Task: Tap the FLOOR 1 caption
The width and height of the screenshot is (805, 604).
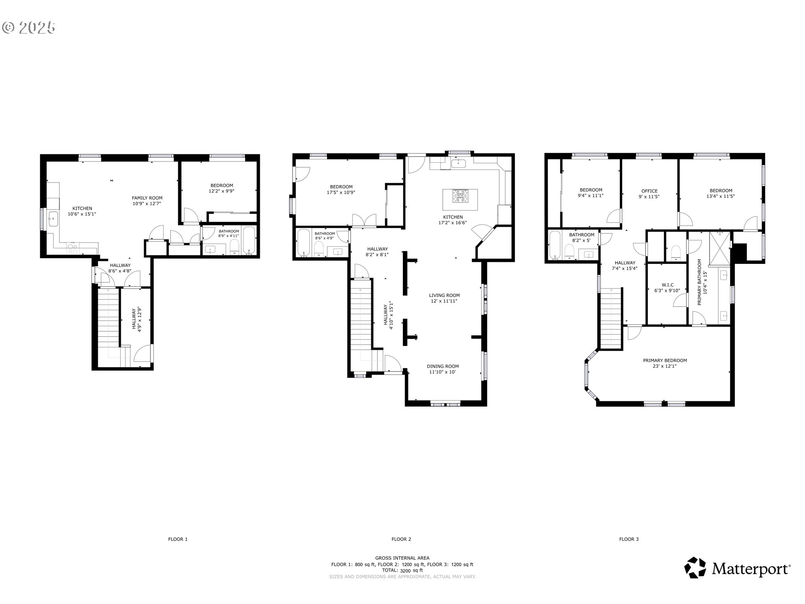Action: (x=178, y=539)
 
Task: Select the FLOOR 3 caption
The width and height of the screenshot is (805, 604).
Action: (x=629, y=539)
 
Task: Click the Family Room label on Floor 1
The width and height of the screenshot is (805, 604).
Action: (x=147, y=198)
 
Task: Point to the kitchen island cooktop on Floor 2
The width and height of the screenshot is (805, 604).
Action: (x=460, y=196)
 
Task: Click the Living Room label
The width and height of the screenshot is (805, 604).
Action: (x=444, y=295)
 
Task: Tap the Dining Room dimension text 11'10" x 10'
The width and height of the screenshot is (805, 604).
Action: (x=442, y=372)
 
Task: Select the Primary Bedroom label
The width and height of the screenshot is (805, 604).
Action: (x=665, y=360)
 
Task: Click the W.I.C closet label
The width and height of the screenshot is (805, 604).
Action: (x=667, y=285)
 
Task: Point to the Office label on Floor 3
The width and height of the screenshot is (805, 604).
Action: (x=649, y=191)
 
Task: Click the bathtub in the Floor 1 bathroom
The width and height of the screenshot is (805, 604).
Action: (x=249, y=240)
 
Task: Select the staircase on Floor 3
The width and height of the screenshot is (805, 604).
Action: (x=611, y=318)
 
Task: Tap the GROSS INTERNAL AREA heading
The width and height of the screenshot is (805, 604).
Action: (x=402, y=558)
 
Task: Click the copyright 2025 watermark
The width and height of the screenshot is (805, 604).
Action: (x=29, y=28)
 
